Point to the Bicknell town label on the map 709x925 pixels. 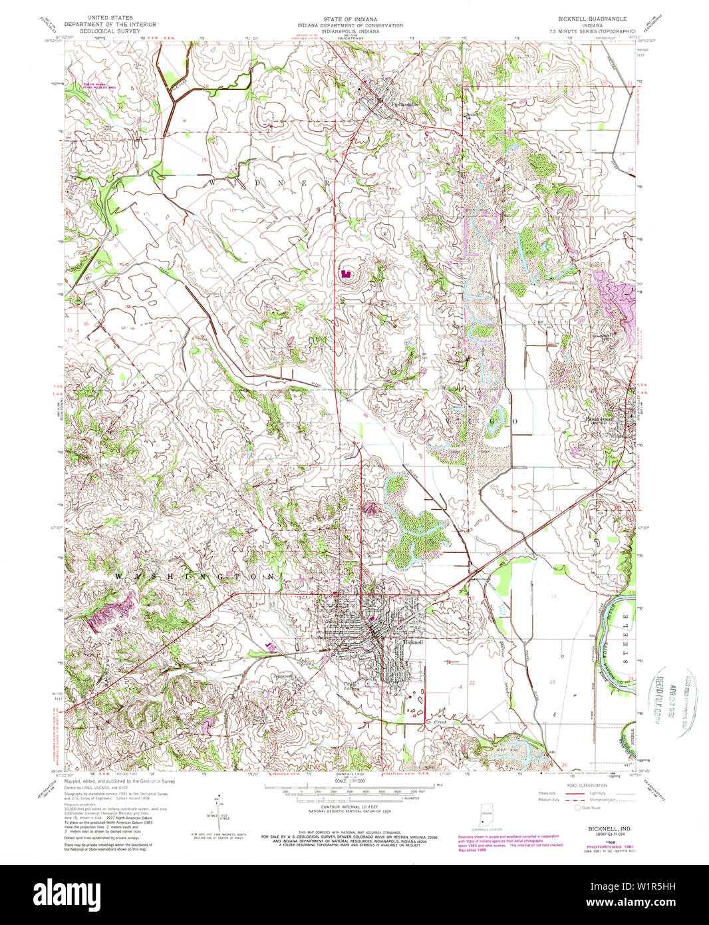coord(413,643)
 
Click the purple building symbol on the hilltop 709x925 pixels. coord(345,273)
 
